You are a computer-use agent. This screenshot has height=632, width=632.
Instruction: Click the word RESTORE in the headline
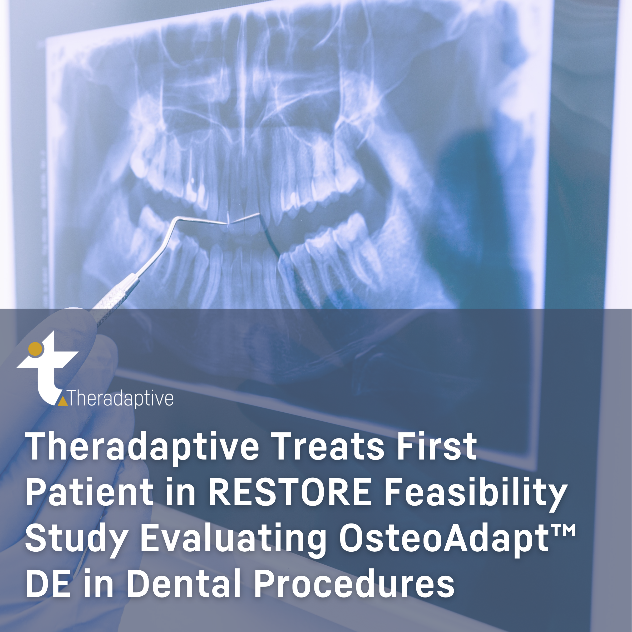(x=290, y=492)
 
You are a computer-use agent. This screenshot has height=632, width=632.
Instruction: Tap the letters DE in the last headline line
(x=48, y=584)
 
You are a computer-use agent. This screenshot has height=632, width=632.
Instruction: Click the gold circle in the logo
(x=35, y=349)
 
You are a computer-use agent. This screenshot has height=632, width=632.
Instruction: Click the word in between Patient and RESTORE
(x=180, y=492)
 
